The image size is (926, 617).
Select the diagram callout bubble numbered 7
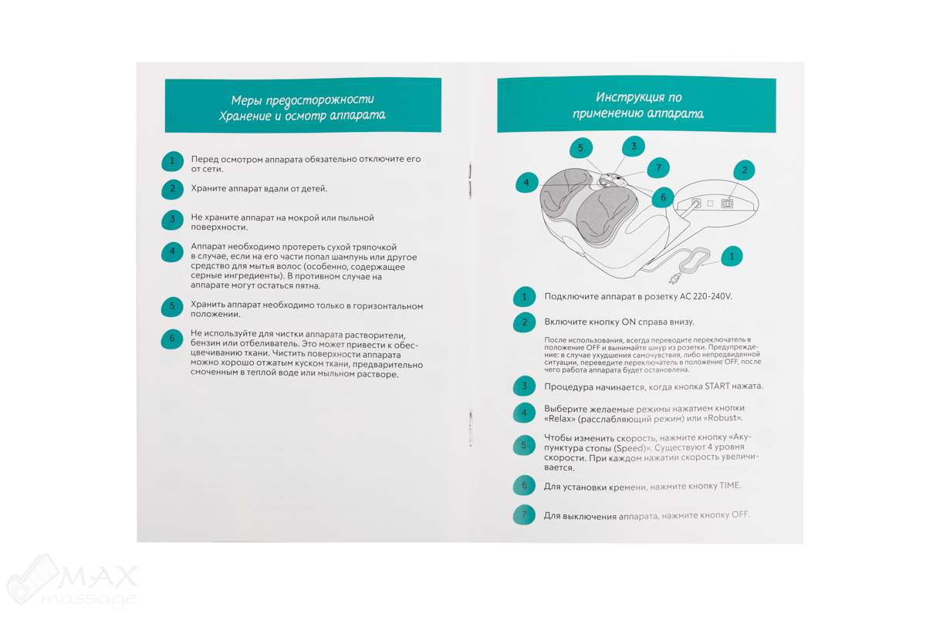657,168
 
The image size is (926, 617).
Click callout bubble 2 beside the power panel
744,170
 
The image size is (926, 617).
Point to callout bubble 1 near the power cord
732,256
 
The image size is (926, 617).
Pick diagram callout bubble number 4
526,182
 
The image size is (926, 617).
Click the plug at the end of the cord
674,280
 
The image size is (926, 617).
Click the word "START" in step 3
717,386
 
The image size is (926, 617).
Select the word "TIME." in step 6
730,486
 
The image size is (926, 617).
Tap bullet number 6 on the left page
172,339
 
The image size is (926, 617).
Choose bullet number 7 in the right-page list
524,515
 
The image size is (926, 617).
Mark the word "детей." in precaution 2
314,189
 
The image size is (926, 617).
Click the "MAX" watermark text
97,577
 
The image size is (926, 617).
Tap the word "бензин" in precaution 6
204,343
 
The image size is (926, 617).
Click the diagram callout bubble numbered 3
634,147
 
